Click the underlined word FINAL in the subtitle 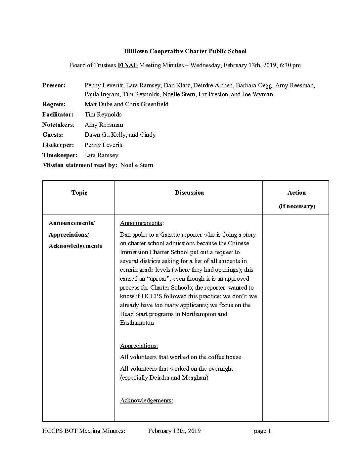(127, 65)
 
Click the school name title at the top (185, 51)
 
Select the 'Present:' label (54, 85)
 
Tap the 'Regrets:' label (54, 104)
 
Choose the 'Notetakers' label (58, 125)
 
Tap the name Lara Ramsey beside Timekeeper (101, 155)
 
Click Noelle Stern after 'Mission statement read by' (137, 165)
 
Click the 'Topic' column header (79, 193)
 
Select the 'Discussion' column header (189, 193)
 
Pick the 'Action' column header (296, 193)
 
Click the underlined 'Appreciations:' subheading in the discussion (139, 346)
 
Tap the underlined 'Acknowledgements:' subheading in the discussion (146, 400)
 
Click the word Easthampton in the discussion (137, 323)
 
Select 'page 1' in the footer (262, 431)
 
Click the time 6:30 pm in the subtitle (290, 65)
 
